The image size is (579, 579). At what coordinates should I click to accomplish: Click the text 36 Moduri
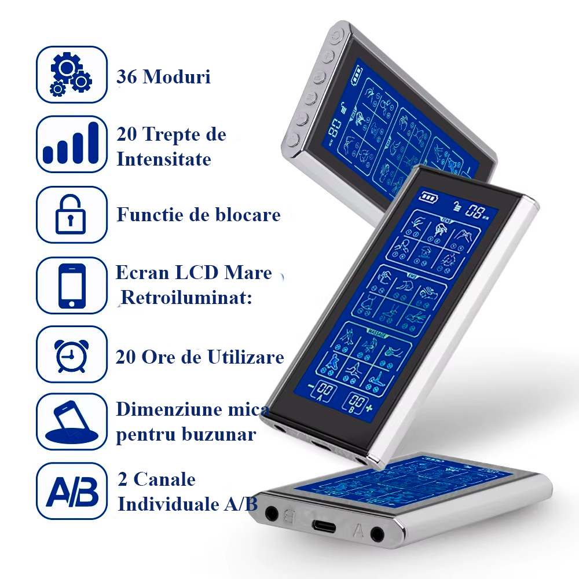(x=164, y=76)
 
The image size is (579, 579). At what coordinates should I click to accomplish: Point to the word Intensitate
(x=164, y=159)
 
